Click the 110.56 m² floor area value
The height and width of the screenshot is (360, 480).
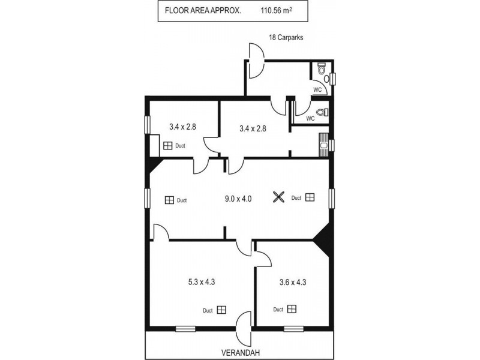tap(276, 11)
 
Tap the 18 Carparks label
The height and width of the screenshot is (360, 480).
tap(286, 37)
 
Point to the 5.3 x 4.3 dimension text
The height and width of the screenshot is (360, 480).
tap(199, 281)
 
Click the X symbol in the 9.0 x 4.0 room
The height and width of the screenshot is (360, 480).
tap(278, 197)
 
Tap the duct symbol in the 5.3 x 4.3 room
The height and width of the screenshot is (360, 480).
tap(222, 310)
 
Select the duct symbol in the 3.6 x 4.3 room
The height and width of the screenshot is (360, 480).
tap(292, 309)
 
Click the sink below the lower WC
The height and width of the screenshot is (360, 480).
tap(325, 145)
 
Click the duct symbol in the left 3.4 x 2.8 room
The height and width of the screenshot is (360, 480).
tap(167, 145)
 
